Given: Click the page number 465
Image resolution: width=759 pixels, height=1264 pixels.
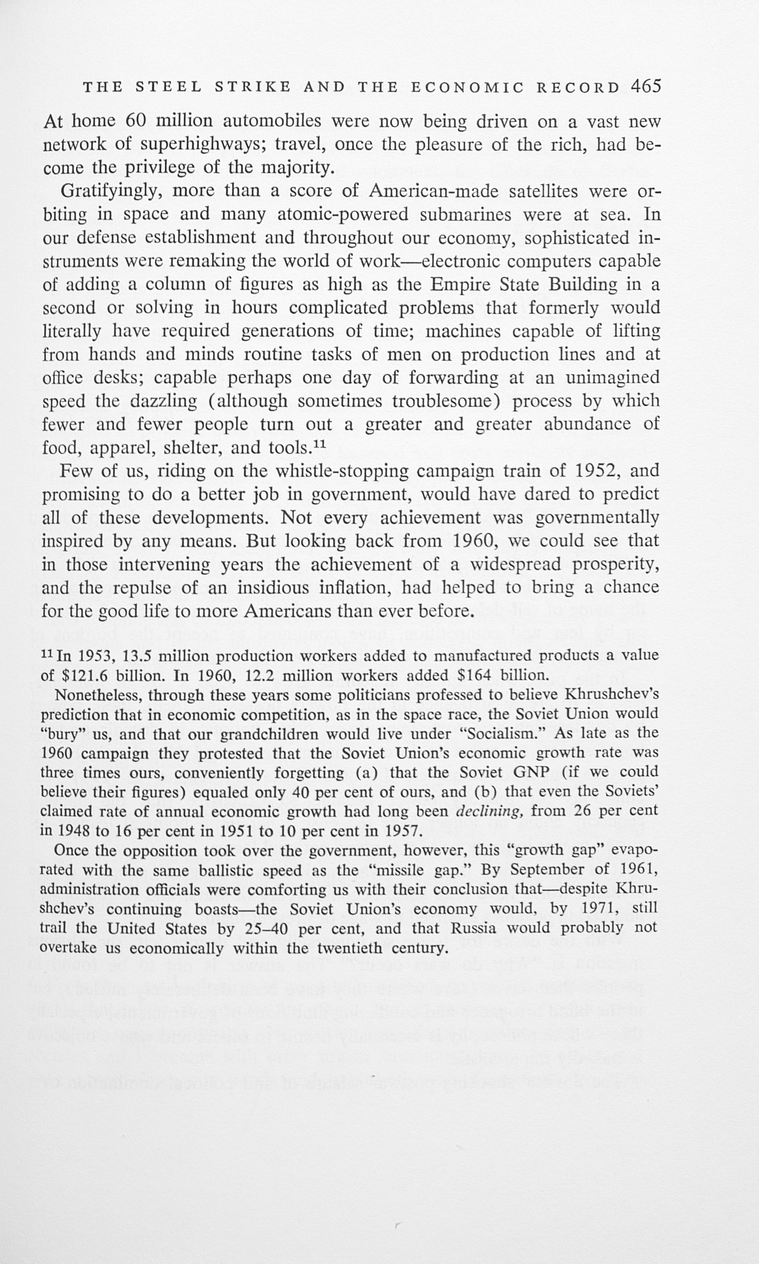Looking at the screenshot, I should pos(646,86).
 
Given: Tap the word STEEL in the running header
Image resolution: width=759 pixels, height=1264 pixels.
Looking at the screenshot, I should pos(169,87).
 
